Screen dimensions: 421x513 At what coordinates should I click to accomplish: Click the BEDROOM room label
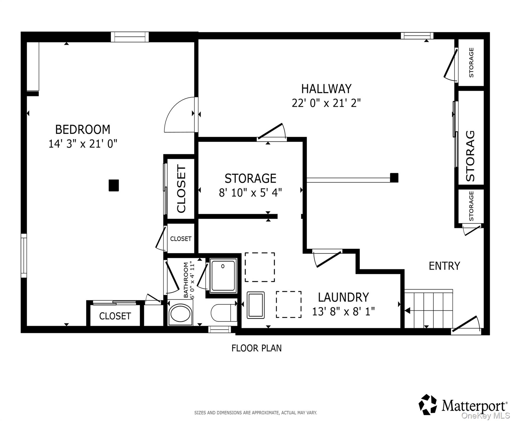(x=83, y=129)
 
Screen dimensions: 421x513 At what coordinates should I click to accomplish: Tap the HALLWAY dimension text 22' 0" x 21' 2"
(x=326, y=103)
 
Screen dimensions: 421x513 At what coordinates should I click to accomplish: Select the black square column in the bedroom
(x=114, y=185)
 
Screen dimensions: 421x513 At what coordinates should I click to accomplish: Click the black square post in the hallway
(x=394, y=178)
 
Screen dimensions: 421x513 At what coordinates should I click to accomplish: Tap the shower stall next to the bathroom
(x=223, y=275)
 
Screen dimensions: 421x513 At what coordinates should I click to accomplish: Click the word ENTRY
(x=444, y=266)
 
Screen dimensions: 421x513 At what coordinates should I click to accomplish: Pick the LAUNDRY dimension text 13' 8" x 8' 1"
(x=343, y=311)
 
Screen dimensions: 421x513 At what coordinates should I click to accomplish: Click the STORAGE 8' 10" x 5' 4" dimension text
(x=250, y=193)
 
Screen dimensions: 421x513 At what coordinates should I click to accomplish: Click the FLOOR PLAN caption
(x=256, y=348)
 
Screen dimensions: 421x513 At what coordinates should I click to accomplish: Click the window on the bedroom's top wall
(x=130, y=37)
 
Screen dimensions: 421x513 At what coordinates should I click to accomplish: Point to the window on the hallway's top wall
(x=417, y=36)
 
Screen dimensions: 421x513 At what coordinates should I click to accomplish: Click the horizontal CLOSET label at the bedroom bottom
(x=115, y=316)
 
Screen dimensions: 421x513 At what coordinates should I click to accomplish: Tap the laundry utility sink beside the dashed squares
(x=256, y=305)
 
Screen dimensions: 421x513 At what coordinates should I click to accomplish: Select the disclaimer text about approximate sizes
(x=256, y=413)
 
